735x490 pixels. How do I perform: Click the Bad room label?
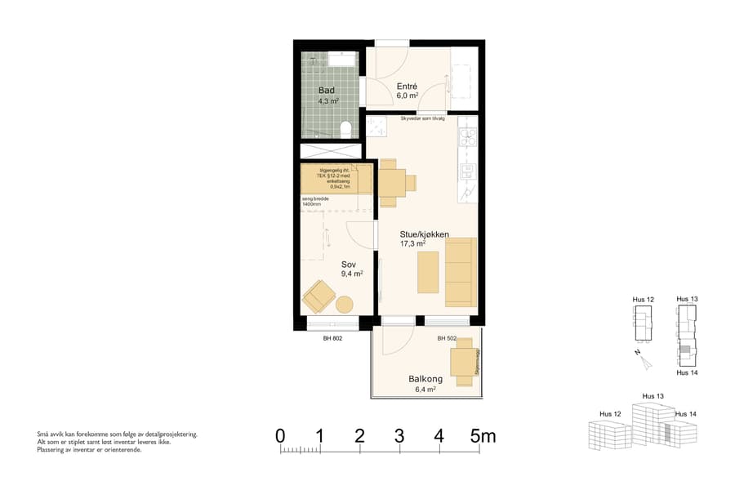327,90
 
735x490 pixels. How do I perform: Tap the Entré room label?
408,86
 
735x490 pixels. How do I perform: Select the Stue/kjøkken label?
425,234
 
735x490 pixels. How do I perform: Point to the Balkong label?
425,379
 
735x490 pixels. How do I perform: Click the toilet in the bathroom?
346,128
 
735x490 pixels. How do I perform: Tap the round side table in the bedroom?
345,305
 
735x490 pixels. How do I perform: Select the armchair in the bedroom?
317,296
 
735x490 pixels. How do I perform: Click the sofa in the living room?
460,272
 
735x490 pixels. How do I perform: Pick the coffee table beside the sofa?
428,272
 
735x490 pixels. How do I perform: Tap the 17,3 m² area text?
412,243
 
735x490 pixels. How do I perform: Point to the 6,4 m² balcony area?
425,390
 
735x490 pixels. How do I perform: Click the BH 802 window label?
332,338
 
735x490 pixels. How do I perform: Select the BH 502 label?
446,338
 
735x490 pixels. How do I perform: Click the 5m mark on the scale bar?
483,436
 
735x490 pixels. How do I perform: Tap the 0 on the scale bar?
280,436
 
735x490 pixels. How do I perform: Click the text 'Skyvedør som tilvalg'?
422,118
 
